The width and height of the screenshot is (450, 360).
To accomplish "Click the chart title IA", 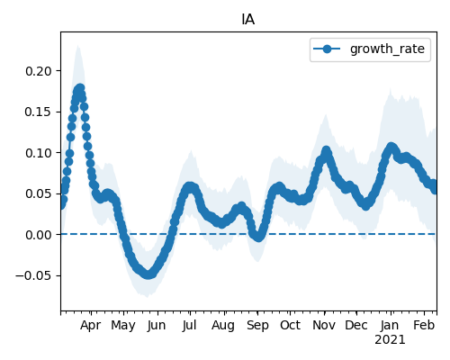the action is point(248,20).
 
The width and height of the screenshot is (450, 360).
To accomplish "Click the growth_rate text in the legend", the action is point(387,49).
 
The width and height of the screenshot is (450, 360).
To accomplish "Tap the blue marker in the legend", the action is point(327,49).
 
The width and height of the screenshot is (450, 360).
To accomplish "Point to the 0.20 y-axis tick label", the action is point(39,71).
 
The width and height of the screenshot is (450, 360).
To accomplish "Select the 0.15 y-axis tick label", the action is point(39,112).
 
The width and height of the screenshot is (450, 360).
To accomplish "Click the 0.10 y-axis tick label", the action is point(39,153).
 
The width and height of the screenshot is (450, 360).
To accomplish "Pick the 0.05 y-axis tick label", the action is point(39,193).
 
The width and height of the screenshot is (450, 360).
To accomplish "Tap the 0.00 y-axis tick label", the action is point(39,235).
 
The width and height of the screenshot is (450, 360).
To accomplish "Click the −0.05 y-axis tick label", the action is point(34,275).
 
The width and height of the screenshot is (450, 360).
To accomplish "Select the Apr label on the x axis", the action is point(90,325).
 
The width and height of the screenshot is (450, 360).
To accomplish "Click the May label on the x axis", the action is point(123,325).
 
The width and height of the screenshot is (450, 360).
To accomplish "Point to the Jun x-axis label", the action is point(157,325).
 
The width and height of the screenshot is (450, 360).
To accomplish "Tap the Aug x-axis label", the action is point(223,325).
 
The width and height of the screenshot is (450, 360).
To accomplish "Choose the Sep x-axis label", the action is point(257,325).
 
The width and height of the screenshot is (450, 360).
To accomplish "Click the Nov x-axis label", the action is point(324,325).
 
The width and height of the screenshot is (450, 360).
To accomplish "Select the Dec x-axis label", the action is point(356,325).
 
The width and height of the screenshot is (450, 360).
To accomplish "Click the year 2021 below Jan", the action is point(390,340).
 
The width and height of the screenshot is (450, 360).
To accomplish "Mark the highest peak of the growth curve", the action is point(80,89).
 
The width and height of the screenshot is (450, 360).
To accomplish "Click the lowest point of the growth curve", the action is point(148,274).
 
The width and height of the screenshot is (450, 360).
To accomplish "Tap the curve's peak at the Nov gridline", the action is point(326,150).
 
